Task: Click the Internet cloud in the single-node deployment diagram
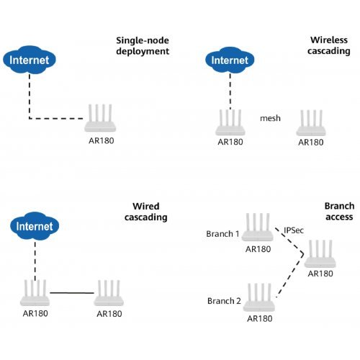click(30, 60)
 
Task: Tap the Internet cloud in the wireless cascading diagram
click(230, 60)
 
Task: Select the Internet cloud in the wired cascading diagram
click(35, 226)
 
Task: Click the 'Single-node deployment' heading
click(143, 46)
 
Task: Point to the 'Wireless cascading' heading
click(329, 45)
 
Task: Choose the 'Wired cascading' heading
click(146, 212)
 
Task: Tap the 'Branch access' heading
click(339, 212)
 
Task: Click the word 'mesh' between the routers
click(270, 118)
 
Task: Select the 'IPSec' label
click(294, 230)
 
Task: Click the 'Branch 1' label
click(222, 234)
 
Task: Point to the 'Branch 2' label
click(224, 301)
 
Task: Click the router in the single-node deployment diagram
click(100, 118)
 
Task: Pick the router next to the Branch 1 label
click(257, 227)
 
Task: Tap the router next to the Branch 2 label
click(258, 297)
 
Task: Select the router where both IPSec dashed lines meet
click(320, 253)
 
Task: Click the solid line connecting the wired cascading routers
click(72, 293)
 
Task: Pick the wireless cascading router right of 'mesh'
click(311, 123)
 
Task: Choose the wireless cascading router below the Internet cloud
click(230, 122)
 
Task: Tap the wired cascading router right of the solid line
click(109, 293)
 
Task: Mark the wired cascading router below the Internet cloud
click(35, 293)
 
